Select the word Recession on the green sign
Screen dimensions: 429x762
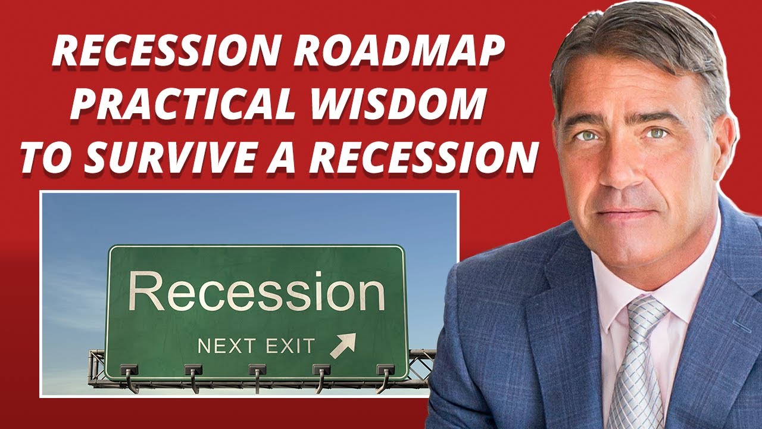257,293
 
